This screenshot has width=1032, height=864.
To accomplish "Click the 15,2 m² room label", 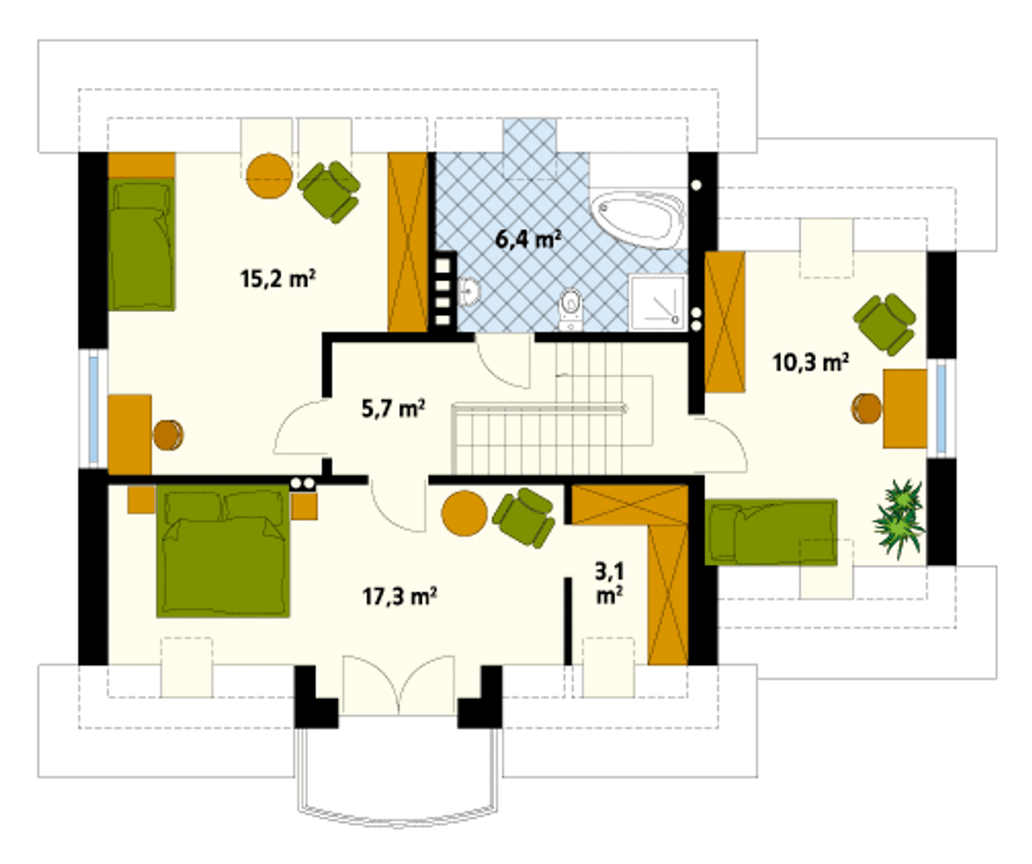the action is (278, 279).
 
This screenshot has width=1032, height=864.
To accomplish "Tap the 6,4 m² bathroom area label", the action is (528, 239).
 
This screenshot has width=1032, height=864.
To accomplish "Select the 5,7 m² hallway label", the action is (393, 409).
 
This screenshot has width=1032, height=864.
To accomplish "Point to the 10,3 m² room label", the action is (810, 363).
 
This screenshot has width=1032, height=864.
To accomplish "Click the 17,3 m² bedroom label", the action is (399, 596).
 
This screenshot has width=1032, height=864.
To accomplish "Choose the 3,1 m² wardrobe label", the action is (609, 584).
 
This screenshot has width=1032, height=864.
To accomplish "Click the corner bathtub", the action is (638, 220).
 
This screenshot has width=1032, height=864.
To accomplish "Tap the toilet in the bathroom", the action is (571, 309).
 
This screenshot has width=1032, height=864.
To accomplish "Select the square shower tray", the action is (657, 302).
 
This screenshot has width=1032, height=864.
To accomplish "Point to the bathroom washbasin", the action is (468, 292).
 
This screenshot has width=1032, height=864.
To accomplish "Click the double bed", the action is (223, 550).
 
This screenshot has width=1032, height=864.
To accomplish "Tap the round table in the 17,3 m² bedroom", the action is (464, 513).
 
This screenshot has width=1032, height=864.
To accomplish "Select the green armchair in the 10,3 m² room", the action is (884, 325).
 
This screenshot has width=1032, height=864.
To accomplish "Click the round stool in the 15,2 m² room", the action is (169, 435).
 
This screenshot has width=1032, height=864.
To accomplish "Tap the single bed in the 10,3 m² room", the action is (771, 532).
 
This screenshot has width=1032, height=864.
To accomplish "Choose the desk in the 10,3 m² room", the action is (905, 409).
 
